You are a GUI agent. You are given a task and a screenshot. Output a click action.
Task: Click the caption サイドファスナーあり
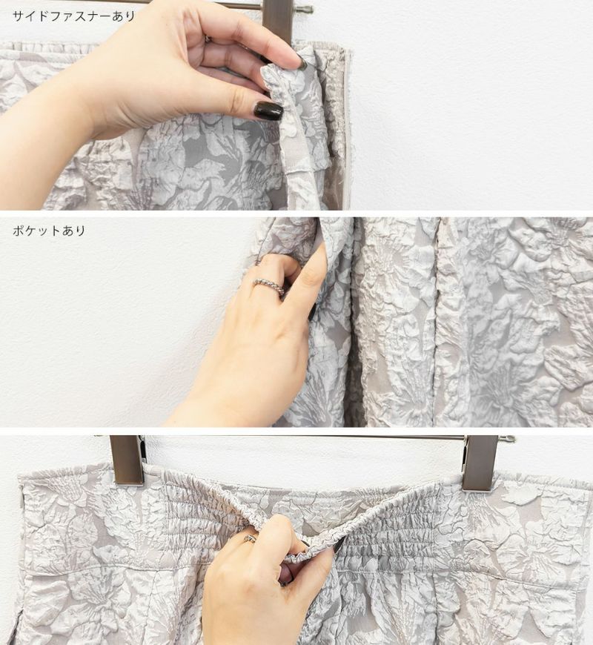(x=74, y=16)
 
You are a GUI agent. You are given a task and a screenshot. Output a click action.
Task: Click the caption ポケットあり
(x=49, y=231)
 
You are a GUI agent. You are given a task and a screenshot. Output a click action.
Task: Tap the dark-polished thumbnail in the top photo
(x=269, y=110)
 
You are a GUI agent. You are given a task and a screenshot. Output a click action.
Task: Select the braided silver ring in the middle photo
(x=269, y=286)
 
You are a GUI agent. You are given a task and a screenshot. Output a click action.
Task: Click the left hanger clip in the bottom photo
(x=127, y=460)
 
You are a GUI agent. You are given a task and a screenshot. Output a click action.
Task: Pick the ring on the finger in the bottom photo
(x=251, y=538)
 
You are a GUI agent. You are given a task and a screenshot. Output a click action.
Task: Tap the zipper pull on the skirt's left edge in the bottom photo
(x=21, y=502)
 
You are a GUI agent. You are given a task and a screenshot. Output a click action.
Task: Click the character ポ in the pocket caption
(x=19, y=231)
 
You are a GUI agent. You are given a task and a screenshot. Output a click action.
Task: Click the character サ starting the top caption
(x=19, y=16)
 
